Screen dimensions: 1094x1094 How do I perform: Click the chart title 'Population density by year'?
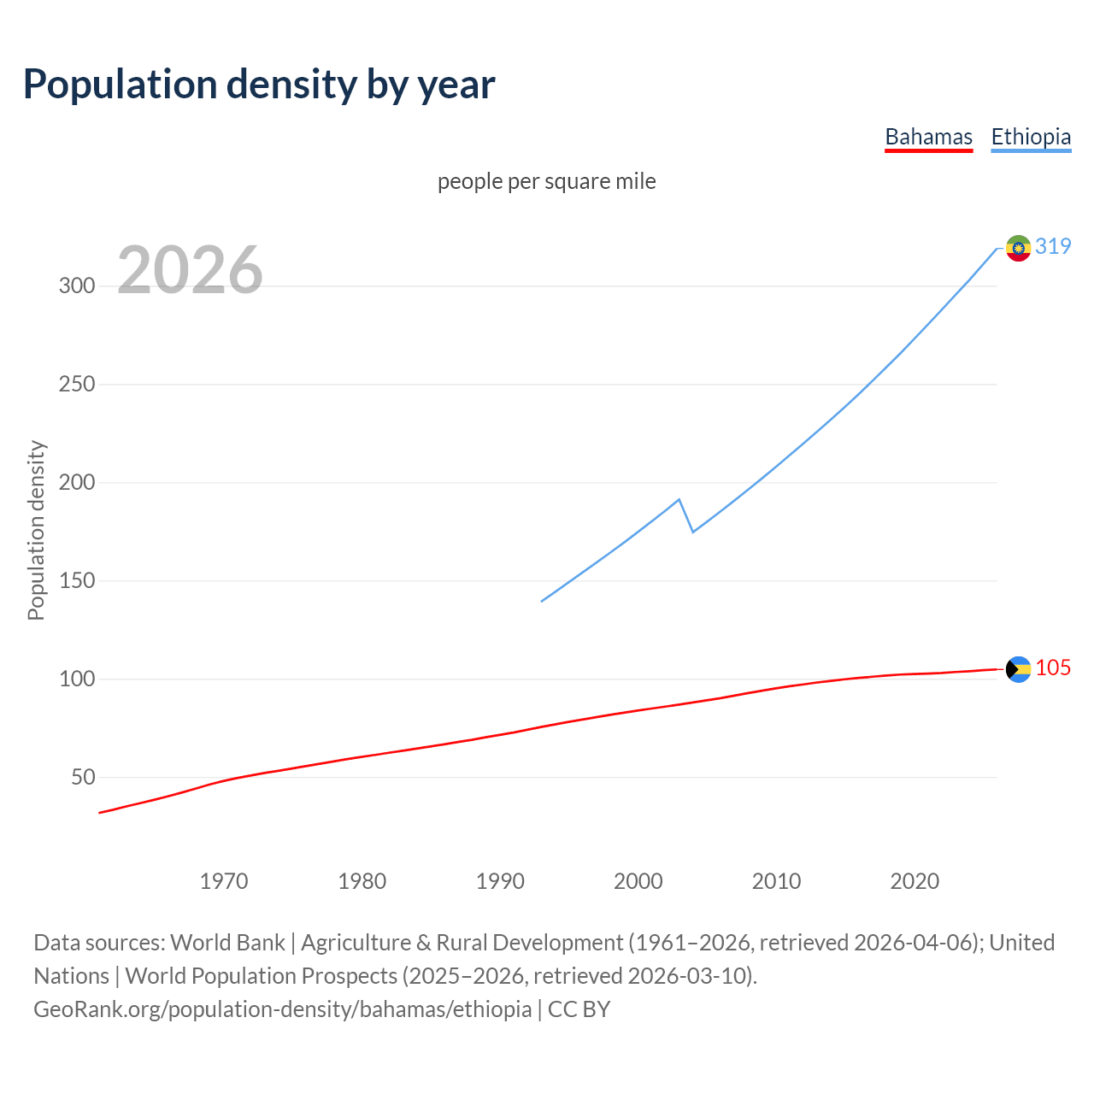point(259,85)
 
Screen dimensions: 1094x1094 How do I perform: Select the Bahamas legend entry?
point(928,137)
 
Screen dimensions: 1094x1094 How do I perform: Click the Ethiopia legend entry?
point(1031,137)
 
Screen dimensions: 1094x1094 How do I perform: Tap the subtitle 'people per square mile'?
point(547,181)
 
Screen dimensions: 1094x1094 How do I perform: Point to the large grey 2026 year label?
point(190,270)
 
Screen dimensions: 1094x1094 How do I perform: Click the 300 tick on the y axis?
point(77,285)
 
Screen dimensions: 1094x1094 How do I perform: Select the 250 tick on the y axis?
point(77,384)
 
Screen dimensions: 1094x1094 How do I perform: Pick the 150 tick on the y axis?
point(77,581)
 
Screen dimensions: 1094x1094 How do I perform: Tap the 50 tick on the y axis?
point(83,778)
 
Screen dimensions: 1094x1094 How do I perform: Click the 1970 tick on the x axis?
point(224,881)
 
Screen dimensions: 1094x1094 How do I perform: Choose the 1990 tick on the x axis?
point(500,881)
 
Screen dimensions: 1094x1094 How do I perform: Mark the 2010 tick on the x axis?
point(776,881)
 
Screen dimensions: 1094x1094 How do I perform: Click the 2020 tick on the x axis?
point(915,881)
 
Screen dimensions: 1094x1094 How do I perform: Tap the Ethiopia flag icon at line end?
point(1018,248)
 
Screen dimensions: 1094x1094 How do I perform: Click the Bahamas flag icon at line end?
point(1018,669)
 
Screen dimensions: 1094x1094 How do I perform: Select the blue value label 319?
point(1053,246)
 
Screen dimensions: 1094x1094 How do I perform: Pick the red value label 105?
point(1053,668)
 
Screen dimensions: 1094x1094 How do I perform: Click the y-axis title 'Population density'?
point(36,530)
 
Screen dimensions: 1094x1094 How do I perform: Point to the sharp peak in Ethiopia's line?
point(679,500)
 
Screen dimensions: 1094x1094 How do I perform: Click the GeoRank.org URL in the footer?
point(282,1009)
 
